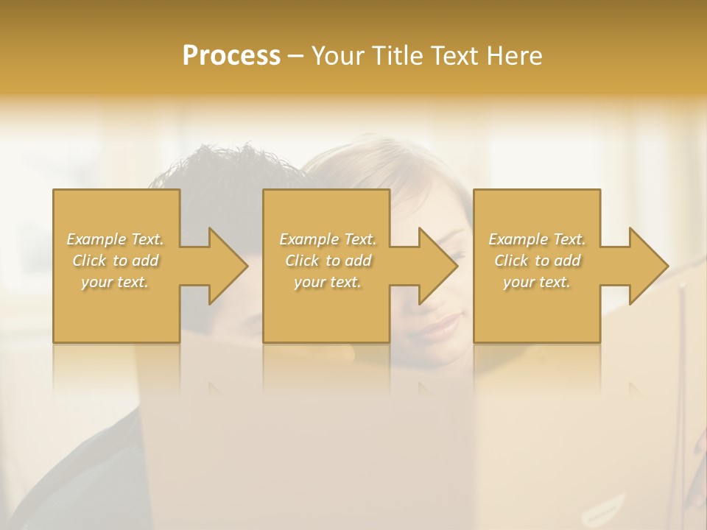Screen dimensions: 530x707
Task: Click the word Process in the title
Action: pyautogui.click(x=231, y=56)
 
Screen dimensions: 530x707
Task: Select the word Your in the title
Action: pyautogui.click(x=335, y=56)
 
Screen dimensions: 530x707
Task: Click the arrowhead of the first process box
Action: pyautogui.click(x=225, y=266)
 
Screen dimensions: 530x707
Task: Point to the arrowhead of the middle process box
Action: pyautogui.click(x=435, y=266)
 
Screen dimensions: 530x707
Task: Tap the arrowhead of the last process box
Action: pyautogui.click(x=645, y=266)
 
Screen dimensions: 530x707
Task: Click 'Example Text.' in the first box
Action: pyautogui.click(x=115, y=239)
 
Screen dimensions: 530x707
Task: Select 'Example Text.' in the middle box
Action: pyautogui.click(x=327, y=239)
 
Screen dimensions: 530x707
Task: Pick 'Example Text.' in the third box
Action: pyautogui.click(x=536, y=239)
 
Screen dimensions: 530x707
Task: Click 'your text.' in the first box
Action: pyautogui.click(x=115, y=282)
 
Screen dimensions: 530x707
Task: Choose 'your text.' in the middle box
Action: pyautogui.click(x=327, y=282)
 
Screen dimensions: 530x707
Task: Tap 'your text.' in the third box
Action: pyautogui.click(x=536, y=282)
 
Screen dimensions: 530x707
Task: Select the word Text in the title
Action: pyautogui.click(x=456, y=56)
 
